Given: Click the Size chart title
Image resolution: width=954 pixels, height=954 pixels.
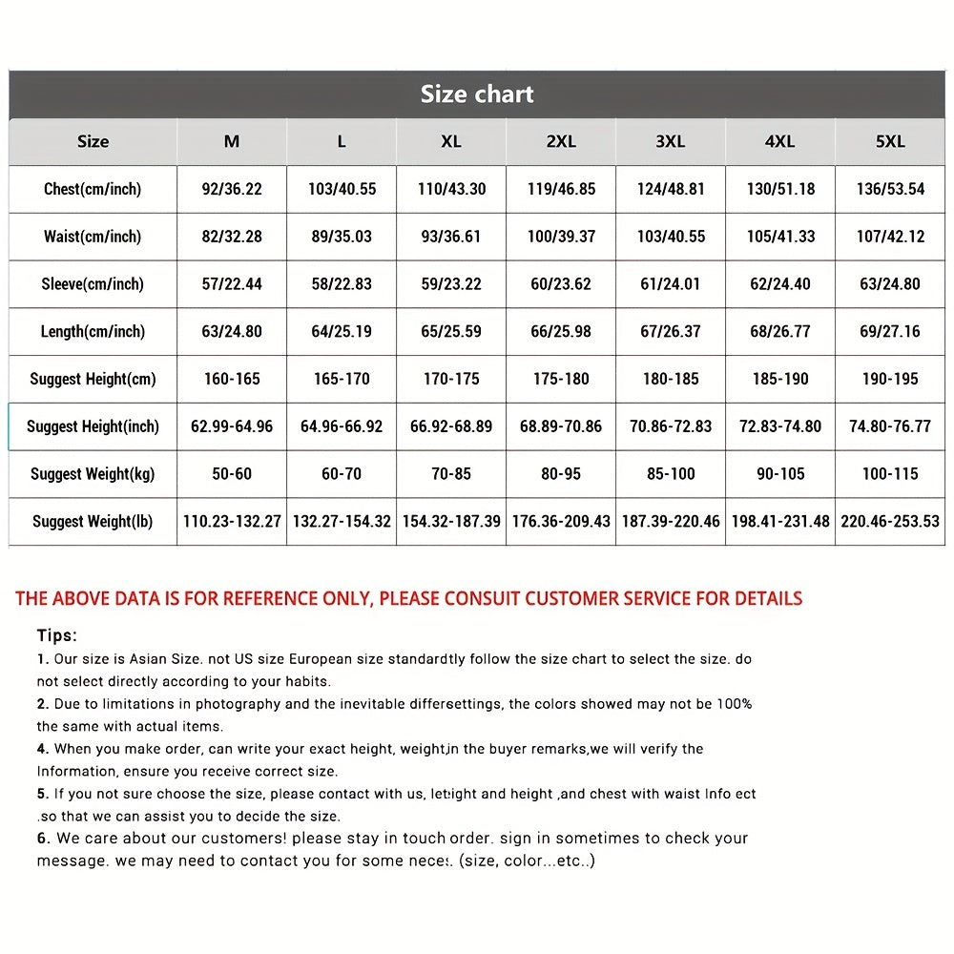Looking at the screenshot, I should click(x=477, y=94).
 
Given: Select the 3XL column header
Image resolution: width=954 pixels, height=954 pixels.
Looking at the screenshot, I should click(x=671, y=141).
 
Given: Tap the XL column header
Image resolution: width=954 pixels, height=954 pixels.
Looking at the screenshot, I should click(x=451, y=141).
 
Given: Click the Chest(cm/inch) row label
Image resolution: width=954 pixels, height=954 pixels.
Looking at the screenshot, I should click(x=93, y=189).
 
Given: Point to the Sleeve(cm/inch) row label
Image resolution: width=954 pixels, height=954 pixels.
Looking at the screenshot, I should click(x=93, y=284).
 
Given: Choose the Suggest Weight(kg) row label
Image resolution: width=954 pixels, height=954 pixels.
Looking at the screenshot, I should click(x=93, y=474).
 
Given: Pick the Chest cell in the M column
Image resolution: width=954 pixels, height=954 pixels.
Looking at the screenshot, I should click(x=232, y=189).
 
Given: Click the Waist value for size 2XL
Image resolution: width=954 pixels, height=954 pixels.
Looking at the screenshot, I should click(x=561, y=237).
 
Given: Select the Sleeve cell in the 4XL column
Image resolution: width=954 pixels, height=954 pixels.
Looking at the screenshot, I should click(x=780, y=284).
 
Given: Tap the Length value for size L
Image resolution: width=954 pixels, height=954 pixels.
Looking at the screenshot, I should click(x=342, y=332).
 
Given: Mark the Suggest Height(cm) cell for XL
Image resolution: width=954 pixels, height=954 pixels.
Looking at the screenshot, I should click(x=451, y=379).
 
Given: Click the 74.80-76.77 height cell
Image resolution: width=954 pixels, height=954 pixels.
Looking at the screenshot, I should click(x=890, y=426).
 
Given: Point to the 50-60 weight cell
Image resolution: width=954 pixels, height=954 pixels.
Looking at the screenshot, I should click(x=232, y=474).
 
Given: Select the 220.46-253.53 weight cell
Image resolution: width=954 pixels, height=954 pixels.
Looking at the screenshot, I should click(x=890, y=522).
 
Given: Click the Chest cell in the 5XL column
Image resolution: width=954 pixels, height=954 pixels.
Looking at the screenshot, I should click(x=890, y=189).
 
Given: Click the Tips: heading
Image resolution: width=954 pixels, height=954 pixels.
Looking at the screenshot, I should click(x=57, y=635).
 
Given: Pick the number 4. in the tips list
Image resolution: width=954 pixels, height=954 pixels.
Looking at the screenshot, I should click(x=43, y=750).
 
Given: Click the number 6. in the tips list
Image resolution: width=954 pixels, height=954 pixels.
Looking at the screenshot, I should click(x=44, y=839).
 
